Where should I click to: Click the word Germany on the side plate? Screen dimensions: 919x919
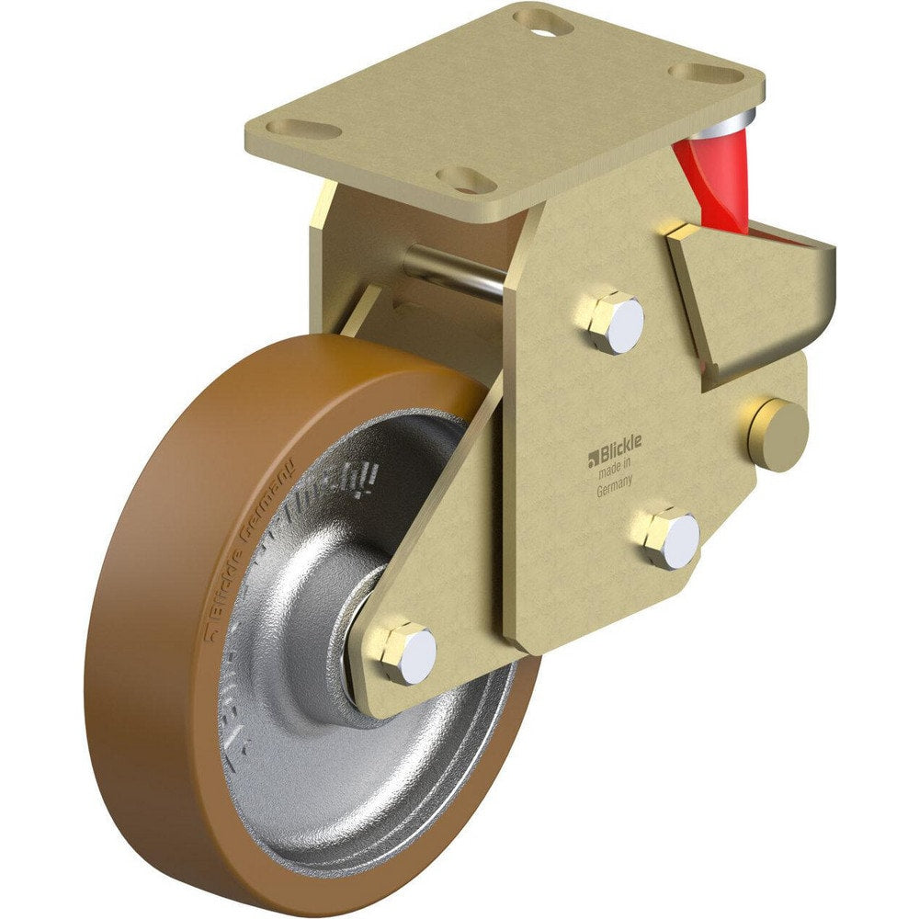tap(614, 490)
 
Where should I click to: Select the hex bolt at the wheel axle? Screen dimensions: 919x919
tap(407, 652)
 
